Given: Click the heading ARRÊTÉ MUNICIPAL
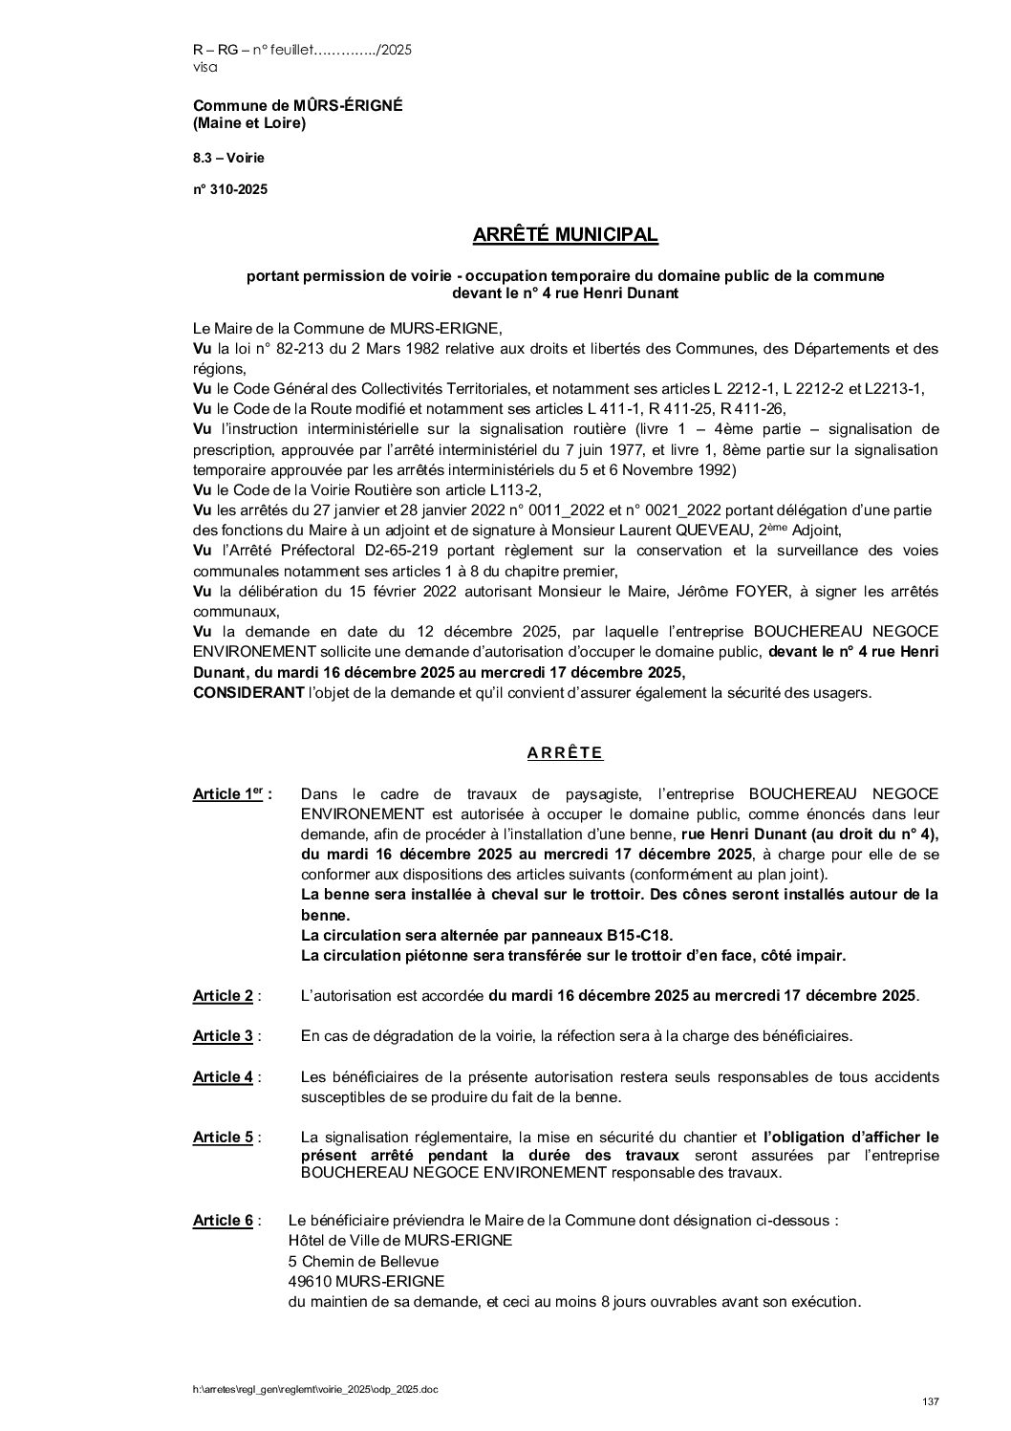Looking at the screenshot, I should (x=566, y=234).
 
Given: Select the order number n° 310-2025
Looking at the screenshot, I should (x=230, y=189).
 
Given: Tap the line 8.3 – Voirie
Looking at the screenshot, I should (x=229, y=157).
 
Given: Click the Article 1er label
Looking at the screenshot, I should (x=227, y=794).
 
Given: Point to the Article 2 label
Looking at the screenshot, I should (x=223, y=996).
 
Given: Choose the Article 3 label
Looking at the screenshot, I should (x=223, y=1036).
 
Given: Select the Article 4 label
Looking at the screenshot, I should (x=223, y=1077).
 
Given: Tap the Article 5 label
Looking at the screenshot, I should (x=223, y=1138).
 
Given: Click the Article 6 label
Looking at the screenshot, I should (x=223, y=1221).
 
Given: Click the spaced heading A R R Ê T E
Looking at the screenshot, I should (x=565, y=752).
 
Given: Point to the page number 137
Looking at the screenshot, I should (x=932, y=1401).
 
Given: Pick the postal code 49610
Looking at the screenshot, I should (x=309, y=1282).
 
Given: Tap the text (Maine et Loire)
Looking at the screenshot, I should (x=249, y=123).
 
